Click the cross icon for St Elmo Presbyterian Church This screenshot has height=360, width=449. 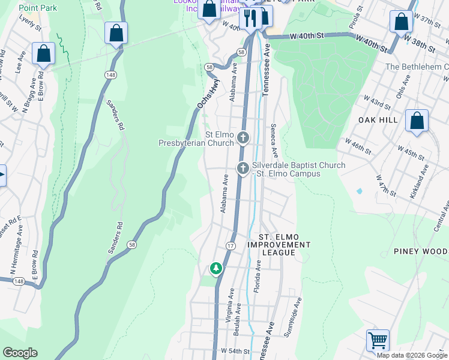(x=243, y=139)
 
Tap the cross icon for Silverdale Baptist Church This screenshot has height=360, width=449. (x=243, y=169)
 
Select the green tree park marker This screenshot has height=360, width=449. (x=216, y=268)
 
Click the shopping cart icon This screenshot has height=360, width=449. (x=378, y=340)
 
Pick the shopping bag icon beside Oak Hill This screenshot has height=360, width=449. (x=417, y=121)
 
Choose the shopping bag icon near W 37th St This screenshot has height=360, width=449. (x=401, y=22)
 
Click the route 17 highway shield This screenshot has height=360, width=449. (x=231, y=246)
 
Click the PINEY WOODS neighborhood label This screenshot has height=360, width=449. (x=421, y=251)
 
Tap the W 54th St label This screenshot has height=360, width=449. (x=235, y=350)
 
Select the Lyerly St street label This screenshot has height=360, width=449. (x=29, y=26)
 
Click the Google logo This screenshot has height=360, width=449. (x=20, y=353)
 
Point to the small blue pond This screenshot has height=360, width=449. (x=359, y=191)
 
